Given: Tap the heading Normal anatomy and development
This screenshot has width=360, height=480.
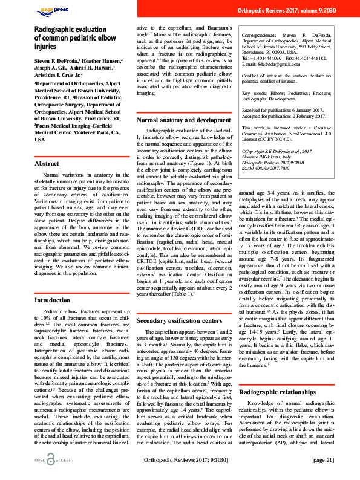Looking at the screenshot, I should pos(183,120).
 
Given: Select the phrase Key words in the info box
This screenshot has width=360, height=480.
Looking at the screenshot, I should pos(255,93).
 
